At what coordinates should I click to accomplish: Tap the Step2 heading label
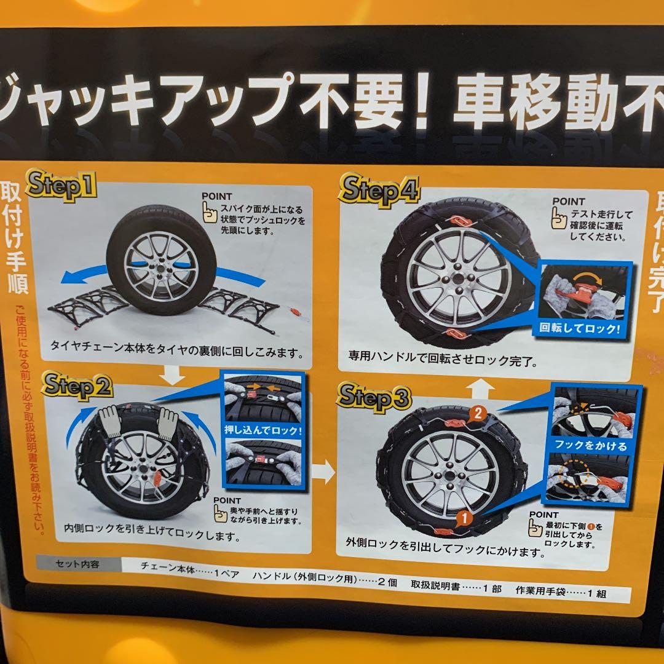pos(77,387)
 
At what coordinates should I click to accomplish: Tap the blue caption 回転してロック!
pos(580,328)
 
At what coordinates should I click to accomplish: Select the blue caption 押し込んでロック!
pos(262,430)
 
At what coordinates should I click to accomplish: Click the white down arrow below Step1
pos(175,373)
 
